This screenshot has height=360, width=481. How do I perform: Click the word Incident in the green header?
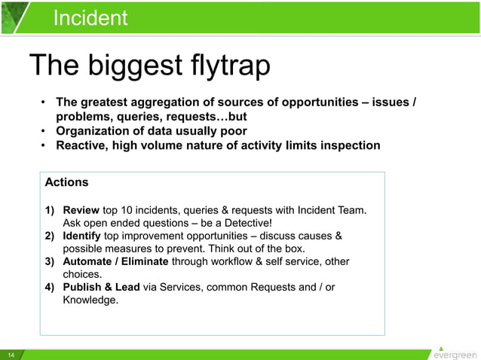tap(90, 17)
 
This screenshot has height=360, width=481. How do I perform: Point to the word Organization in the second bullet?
tap(93, 131)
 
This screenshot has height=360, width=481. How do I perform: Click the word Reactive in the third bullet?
tap(82, 145)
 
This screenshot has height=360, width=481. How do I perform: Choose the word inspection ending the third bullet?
tap(350, 145)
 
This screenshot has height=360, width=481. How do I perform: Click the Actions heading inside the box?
tap(66, 182)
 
